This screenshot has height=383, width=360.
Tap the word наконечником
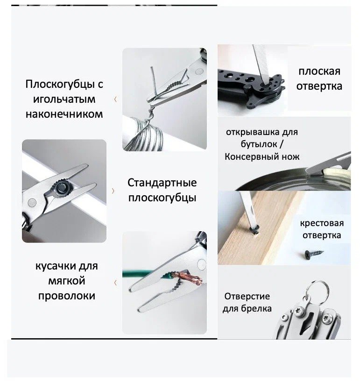coord(64,114)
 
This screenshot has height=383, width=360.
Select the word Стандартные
coord(162,183)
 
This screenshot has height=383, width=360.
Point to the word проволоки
coord(66,296)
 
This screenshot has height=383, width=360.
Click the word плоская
coord(319,71)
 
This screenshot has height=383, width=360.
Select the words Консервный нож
coord(262,157)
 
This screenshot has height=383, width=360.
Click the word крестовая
coord(321,223)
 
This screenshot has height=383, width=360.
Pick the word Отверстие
coord(247,296)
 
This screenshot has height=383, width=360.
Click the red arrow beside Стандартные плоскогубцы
coord(113,190)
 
